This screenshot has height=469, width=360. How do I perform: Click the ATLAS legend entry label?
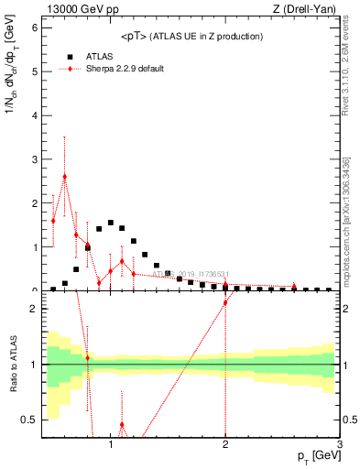pos(99,56)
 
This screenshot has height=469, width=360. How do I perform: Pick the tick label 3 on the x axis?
pos(340,445)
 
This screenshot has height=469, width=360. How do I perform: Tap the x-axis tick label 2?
pos(225,445)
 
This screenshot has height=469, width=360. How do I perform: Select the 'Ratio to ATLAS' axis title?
pos(13,364)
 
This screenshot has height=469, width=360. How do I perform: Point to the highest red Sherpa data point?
pos(64,176)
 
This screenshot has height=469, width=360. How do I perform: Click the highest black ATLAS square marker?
pos(110,223)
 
